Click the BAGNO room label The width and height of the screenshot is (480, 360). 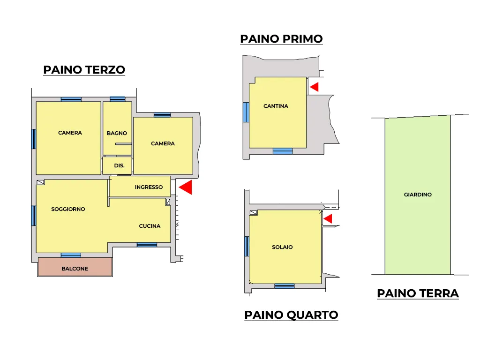tap(117, 133)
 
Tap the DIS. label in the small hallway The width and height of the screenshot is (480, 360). tap(119, 165)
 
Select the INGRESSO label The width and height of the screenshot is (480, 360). tap(149, 187)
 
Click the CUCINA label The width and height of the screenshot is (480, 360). tap(150, 226)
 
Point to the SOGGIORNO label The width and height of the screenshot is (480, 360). tap(68, 209)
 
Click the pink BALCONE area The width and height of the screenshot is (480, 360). tap(75, 267)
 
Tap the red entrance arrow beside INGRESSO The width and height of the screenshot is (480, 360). tap(186, 187)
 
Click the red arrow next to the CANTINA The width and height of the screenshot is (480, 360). tap(315, 87)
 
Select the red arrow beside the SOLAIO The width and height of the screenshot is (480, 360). tap(328, 218)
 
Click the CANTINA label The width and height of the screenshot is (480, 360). tap(276, 106)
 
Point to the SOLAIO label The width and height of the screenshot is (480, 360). tap(282, 247)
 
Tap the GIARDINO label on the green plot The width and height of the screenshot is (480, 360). tap(418, 195)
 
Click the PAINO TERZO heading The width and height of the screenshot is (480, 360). tap(84, 70)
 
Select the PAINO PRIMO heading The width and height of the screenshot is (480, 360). tap(281, 39)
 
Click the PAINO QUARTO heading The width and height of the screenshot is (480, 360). tap(291, 315)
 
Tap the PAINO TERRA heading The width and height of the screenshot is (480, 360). tap(418, 293)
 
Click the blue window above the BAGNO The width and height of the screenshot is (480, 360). tap(118, 99)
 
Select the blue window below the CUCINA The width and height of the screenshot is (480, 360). tap(147, 245)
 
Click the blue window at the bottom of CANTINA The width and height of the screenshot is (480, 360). tap(283, 151)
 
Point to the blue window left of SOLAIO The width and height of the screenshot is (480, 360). tap(247, 247)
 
